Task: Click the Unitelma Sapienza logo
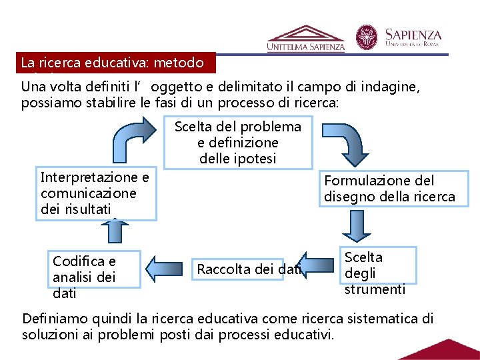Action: (306, 39)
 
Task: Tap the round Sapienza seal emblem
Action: (366, 38)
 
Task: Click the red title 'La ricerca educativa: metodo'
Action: (117, 63)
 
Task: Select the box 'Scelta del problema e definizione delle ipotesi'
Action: (238, 143)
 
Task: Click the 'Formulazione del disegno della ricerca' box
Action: (389, 189)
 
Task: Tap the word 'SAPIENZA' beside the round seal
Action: (413, 35)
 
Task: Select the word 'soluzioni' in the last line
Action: (48, 333)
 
